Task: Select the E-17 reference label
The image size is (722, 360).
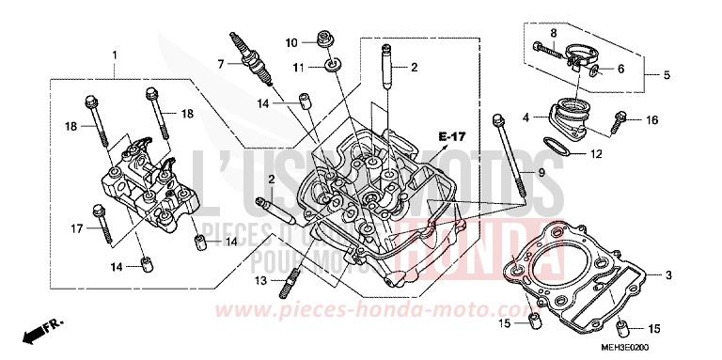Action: click(x=453, y=138)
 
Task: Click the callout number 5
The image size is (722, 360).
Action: click(x=667, y=74)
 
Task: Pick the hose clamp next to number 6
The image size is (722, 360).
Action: click(x=580, y=67)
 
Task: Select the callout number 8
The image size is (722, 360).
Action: click(x=554, y=36)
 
